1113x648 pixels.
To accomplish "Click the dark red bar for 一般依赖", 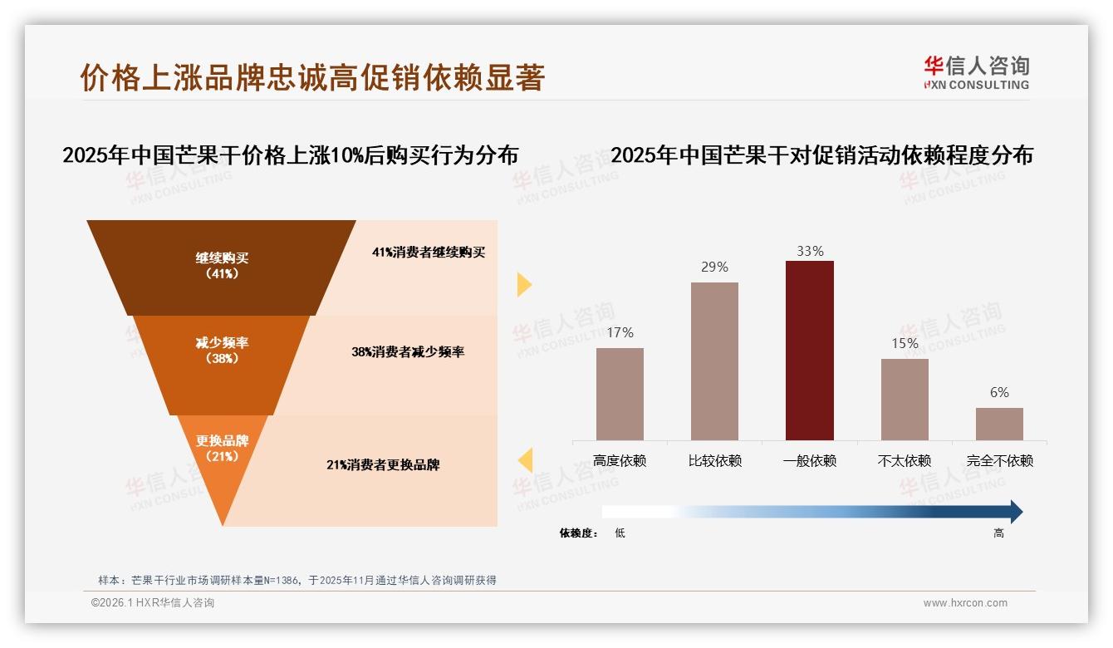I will click(x=809, y=350).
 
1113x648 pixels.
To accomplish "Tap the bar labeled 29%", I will click(x=714, y=361).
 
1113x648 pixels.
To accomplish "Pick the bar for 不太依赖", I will click(x=905, y=399).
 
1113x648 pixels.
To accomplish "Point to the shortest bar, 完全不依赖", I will click(x=999, y=424).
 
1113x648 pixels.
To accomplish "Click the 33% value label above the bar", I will click(x=809, y=251).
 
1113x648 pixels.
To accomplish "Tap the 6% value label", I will click(x=999, y=392).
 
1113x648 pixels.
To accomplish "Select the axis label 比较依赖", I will click(x=714, y=460).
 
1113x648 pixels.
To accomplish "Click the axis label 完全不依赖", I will click(x=999, y=460).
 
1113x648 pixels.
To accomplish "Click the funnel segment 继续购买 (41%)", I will click(x=222, y=266).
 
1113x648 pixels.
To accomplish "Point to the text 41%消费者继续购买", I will click(x=428, y=253).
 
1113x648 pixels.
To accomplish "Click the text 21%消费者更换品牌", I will click(x=383, y=464).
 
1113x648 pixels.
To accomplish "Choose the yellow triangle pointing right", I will click(x=523, y=284).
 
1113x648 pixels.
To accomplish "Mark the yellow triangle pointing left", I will click(x=525, y=459).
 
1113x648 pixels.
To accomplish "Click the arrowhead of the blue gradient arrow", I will click(x=1014, y=512).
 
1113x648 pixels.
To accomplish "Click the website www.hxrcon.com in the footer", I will click(x=965, y=603).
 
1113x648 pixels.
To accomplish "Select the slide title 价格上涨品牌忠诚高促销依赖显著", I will click(x=312, y=77).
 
